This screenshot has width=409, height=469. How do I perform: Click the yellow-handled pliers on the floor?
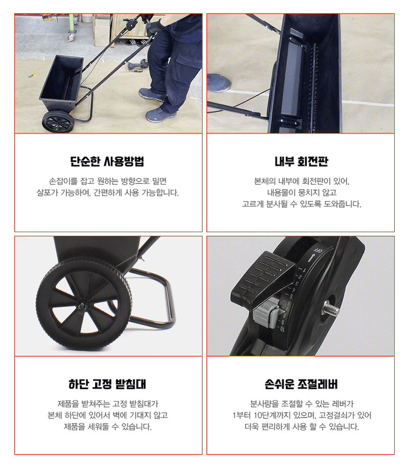click(33, 74)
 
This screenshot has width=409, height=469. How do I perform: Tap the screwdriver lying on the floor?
click(131, 71)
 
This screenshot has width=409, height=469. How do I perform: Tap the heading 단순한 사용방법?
click(107, 162)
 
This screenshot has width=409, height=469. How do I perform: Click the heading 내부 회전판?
click(301, 162)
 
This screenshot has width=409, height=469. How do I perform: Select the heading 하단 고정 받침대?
click(107, 384)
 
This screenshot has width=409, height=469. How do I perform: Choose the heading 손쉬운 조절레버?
click(301, 384)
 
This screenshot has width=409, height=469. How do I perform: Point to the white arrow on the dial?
click(311, 257)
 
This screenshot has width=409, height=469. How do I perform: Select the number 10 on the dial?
click(282, 329)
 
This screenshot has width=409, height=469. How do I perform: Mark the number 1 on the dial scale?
click(304, 270)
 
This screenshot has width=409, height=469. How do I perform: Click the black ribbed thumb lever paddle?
click(260, 277)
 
